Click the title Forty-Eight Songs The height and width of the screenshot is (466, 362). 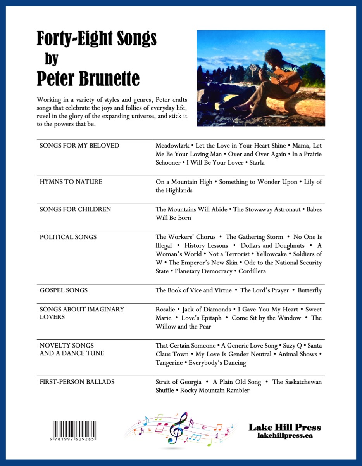coord(97,39)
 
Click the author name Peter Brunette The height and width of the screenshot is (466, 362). coord(88,79)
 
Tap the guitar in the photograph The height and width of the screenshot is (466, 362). coord(283,80)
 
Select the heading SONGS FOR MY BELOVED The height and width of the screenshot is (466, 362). coord(79,146)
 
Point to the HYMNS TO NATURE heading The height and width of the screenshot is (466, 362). coord(71,182)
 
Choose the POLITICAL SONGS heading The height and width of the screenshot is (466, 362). coord(68,237)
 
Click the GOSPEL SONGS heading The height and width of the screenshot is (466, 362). coord(64,290)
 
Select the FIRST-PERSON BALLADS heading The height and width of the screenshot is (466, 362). coord(77,382)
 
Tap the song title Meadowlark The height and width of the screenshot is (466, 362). coord(172,146)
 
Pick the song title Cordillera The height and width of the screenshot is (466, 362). coord(252,271)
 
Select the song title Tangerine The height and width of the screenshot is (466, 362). coord(171,363)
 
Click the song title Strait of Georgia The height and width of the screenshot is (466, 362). coord(178,382)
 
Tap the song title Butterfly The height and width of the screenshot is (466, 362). coord(310,290)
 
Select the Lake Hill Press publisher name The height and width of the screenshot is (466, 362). coord(284,428)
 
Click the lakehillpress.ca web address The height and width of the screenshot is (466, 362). coord(285,436)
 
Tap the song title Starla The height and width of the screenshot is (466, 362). coord(257,163)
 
